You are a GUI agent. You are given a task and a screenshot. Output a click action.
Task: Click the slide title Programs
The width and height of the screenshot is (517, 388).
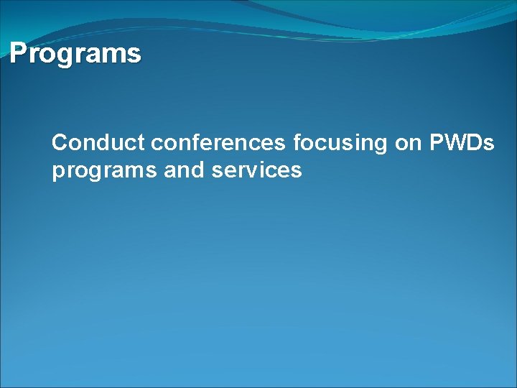(75, 54)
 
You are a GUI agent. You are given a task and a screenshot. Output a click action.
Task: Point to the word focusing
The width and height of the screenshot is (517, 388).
(340, 144)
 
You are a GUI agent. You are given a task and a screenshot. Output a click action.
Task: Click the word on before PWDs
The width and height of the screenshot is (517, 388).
(408, 144)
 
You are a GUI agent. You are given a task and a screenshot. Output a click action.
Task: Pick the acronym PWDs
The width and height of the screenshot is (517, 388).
(462, 143)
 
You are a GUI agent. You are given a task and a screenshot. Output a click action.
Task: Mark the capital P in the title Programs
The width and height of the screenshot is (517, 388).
(18, 53)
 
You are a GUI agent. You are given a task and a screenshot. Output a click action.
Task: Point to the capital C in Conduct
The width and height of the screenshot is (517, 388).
(60, 143)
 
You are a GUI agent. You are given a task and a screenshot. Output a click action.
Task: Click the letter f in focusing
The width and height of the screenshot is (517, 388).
(297, 142)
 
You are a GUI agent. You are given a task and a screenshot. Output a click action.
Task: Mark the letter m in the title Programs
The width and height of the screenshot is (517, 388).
(114, 55)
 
